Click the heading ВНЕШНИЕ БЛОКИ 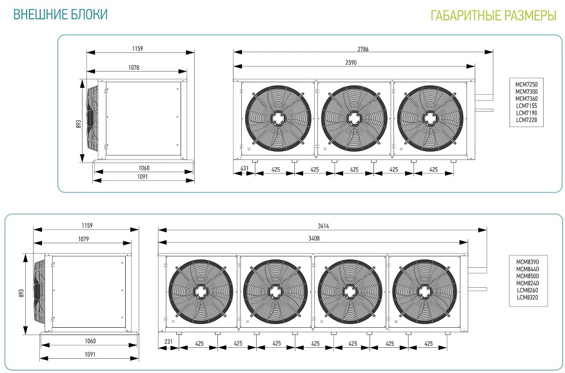point(61,14)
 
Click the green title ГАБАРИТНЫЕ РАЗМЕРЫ point(493,16)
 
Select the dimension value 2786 point(363,49)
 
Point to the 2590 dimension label point(351,63)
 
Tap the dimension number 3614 point(323,226)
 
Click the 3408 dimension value point(314,238)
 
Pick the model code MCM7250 point(526,85)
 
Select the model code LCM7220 point(526,120)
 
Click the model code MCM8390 point(527,262)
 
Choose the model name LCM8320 point(528,297)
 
